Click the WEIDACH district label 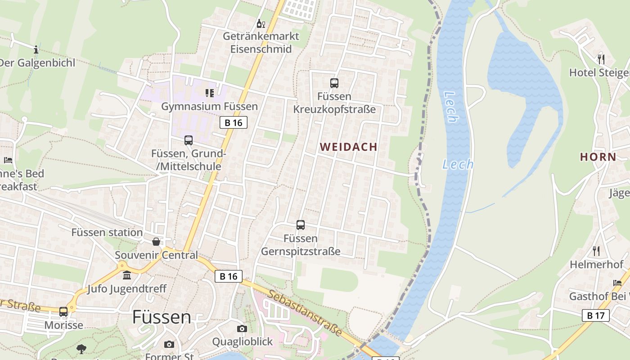tap(349, 147)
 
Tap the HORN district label tap(598, 157)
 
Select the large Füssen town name tap(162, 317)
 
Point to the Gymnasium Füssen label tap(209, 107)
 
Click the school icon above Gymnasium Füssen tap(209, 93)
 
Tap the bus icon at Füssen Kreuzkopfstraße tap(334, 83)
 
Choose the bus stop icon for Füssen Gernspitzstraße tap(301, 225)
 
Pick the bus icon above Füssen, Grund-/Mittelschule tap(189, 140)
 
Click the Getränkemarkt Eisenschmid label tap(261, 43)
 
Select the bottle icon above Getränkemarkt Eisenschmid tap(261, 23)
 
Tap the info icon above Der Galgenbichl tap(36, 49)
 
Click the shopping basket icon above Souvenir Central tap(156, 242)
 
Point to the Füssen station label tap(107, 233)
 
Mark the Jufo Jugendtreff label tap(127, 289)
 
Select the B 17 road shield tap(595, 315)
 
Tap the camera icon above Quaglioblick tap(242, 328)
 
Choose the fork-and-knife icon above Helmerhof tap(596, 251)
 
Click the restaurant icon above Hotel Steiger tap(601, 59)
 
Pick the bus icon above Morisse tap(63, 311)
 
